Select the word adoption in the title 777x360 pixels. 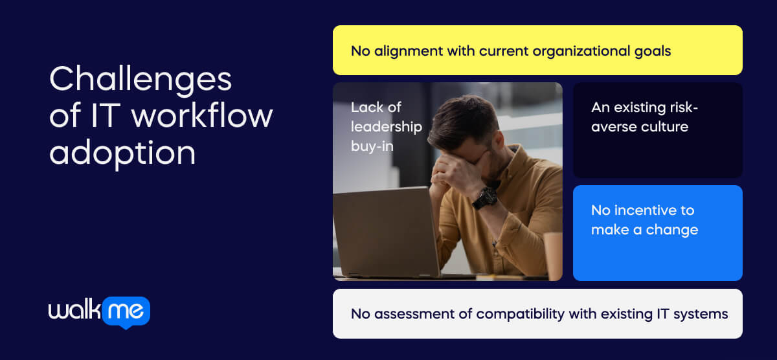click(x=122, y=153)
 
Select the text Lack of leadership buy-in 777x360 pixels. click(x=386, y=126)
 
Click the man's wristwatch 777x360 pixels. click(x=484, y=197)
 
